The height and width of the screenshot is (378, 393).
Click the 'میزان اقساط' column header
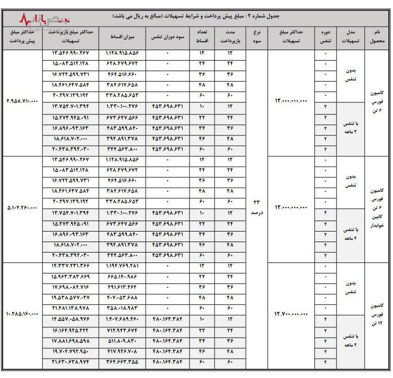123,37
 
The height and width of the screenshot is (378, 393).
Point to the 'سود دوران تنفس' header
167,37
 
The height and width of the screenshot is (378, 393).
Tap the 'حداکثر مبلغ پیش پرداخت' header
20,36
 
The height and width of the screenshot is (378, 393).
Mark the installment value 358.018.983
123,307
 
